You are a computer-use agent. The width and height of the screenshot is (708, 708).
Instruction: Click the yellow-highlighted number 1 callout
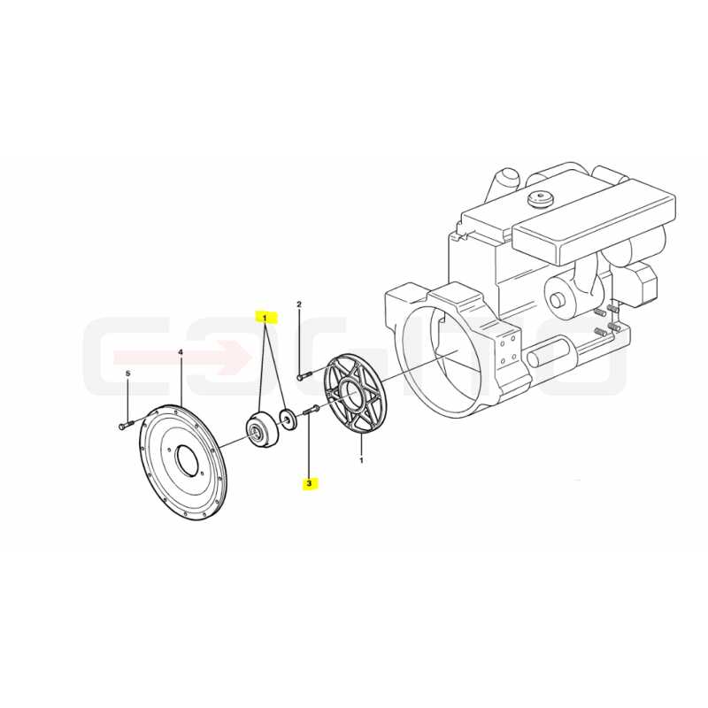pos(265,318)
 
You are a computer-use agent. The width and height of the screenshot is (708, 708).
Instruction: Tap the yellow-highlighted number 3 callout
pos(309,483)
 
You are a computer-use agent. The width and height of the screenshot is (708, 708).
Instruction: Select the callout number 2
pos(298,304)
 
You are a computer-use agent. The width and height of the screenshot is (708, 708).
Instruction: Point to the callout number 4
pos(181,352)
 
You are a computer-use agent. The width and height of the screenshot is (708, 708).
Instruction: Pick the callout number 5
pos(127,373)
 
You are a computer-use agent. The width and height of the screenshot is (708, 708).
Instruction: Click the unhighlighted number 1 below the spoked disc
pos(361,460)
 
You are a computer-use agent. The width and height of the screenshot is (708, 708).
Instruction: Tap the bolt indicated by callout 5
pos(126,425)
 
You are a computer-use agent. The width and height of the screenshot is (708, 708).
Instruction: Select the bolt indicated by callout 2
pos(304,375)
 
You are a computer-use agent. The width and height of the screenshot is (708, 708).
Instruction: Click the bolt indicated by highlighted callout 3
pos(312,410)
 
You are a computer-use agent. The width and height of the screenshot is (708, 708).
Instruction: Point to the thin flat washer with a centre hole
pos(288,419)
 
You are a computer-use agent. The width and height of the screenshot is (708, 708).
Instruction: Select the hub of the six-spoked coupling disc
pos(351,393)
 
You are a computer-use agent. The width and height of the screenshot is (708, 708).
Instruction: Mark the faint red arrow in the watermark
pos(181,358)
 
